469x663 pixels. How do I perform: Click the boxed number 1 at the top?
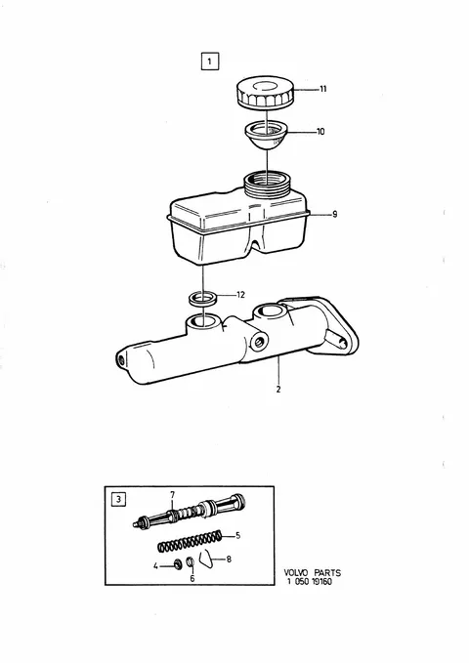click(x=210, y=62)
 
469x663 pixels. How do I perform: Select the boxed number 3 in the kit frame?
click(x=118, y=499)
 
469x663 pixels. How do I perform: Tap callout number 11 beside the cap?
click(x=323, y=89)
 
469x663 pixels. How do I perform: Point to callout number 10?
click(x=320, y=132)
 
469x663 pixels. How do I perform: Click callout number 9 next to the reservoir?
click(x=335, y=215)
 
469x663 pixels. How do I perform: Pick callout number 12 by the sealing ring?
click(x=240, y=295)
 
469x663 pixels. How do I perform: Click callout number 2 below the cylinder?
click(x=278, y=390)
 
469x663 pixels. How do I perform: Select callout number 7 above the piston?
click(x=172, y=494)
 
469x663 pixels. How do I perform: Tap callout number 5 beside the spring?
click(x=237, y=536)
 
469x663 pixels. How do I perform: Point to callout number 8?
click(x=229, y=559)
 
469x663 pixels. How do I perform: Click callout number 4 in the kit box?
click(x=155, y=565)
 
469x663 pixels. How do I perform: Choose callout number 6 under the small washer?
click(x=192, y=578)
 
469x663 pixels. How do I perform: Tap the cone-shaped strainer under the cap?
click(x=267, y=135)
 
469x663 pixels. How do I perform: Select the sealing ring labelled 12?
click(x=203, y=298)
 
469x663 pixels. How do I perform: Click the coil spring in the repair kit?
click(x=190, y=541)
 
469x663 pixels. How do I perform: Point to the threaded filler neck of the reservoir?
click(x=268, y=183)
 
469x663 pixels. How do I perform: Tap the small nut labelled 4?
click(x=178, y=563)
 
